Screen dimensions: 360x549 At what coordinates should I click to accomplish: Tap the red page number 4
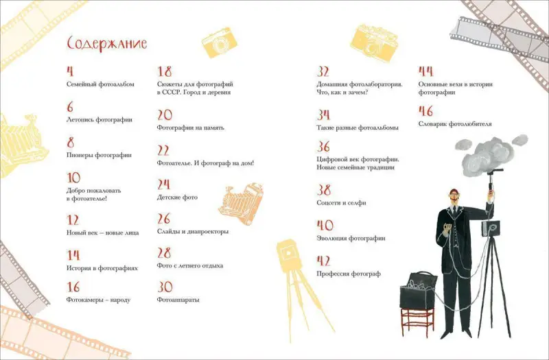tap(69, 71)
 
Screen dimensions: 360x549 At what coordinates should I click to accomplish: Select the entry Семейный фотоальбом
tap(100, 84)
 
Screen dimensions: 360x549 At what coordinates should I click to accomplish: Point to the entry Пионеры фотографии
tap(99, 155)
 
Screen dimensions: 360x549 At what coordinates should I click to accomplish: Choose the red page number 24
tap(163, 184)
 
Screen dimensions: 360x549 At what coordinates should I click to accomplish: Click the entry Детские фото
tap(176, 197)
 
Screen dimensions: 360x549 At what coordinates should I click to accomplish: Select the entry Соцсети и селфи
tap(342, 203)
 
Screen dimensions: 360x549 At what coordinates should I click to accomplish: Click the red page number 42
tap(325, 261)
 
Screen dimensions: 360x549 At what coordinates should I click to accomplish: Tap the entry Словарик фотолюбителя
tap(454, 124)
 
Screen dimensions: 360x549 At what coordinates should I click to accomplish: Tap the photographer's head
tap(453, 196)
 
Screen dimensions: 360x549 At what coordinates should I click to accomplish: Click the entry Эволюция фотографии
tap(351, 239)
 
